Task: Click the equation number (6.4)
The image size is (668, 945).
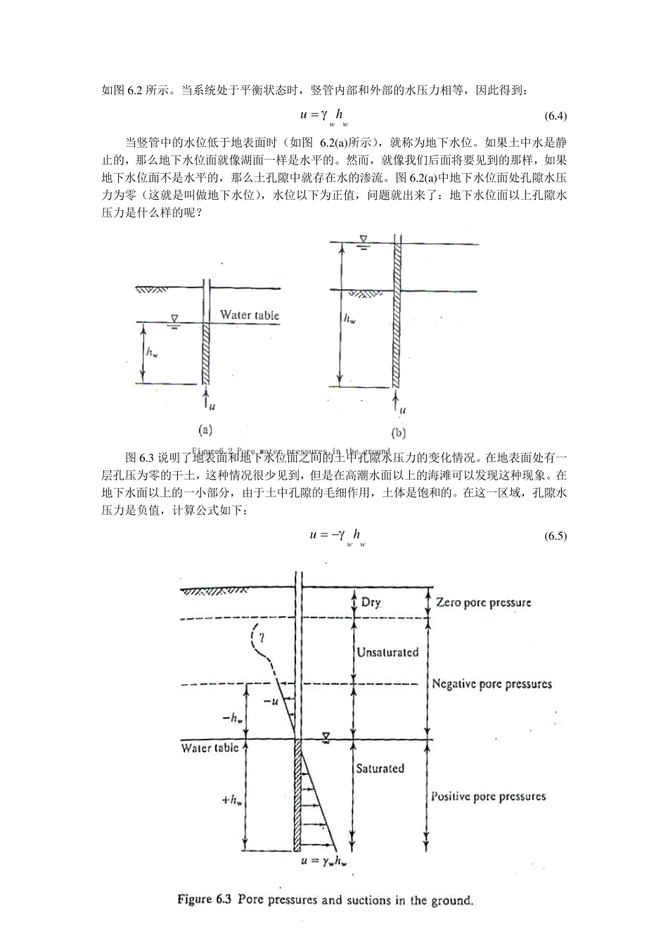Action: [x=555, y=115]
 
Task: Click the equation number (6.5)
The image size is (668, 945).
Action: [x=555, y=536]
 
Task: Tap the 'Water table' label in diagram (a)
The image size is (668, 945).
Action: [x=249, y=314]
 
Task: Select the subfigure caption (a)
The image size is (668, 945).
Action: [x=204, y=429]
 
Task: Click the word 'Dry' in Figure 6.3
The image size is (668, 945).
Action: [x=371, y=603]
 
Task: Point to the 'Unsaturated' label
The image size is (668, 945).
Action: [x=387, y=652]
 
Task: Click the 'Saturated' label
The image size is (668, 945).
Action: [x=380, y=769]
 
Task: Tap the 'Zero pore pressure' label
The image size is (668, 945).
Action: [x=484, y=603]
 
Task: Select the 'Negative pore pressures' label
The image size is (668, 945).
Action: [x=492, y=683]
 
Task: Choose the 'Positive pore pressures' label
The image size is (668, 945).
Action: [x=488, y=797]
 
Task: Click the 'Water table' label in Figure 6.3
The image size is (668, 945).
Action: [x=210, y=748]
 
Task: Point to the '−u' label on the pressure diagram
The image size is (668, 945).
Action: [x=270, y=702]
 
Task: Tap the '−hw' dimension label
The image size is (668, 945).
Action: [x=232, y=719]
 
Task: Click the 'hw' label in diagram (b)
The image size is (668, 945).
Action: [x=349, y=319]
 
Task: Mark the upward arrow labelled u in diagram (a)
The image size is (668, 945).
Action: [x=205, y=399]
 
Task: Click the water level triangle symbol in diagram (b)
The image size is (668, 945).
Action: [x=362, y=240]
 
